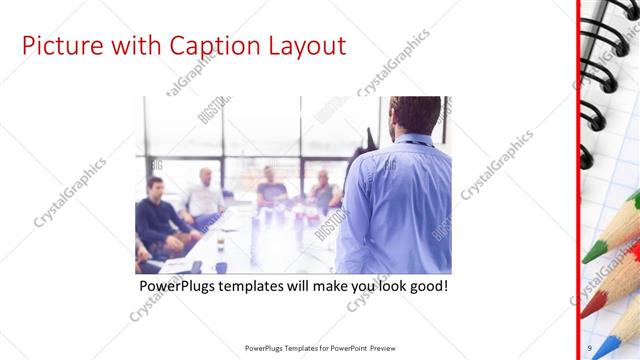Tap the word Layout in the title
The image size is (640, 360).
pos(305,46)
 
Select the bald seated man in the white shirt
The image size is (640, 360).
pos(204,195)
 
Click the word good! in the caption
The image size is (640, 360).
pos(425,287)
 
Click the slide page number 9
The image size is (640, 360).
pos(589,348)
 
